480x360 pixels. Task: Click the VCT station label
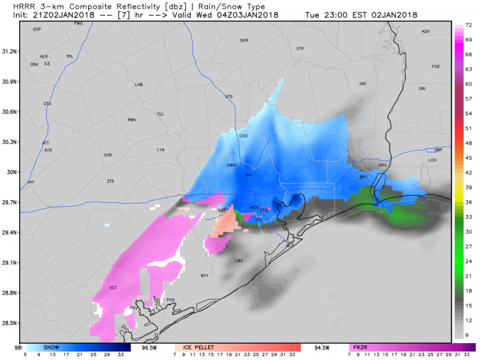[x=113, y=288]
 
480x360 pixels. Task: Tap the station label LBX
[x=238, y=261]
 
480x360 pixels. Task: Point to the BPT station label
[x=363, y=177]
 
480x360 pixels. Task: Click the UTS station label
[x=228, y=97]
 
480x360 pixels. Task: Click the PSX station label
[x=171, y=300]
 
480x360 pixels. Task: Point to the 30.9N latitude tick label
[x=11, y=81]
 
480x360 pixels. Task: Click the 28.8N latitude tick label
[x=11, y=292]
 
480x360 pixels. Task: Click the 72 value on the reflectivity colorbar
[x=467, y=26]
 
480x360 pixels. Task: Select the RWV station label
[x=132, y=119]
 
